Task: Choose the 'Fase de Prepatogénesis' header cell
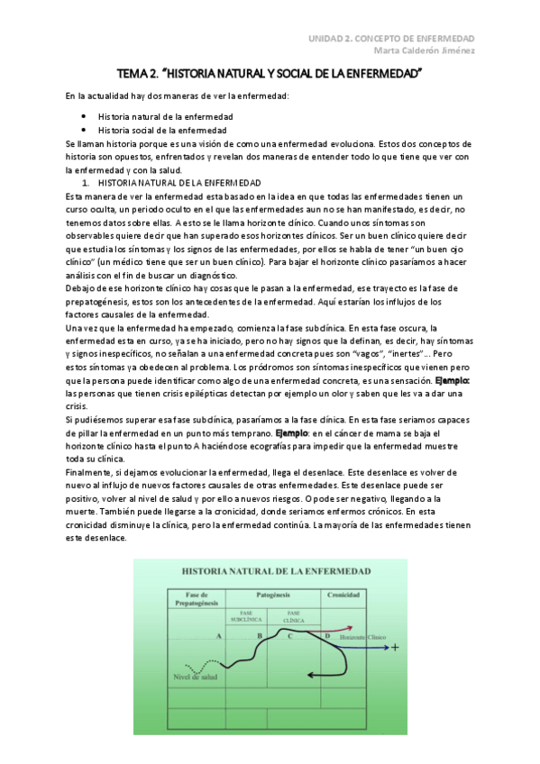[197, 600]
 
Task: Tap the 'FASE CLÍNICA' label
[293, 617]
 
